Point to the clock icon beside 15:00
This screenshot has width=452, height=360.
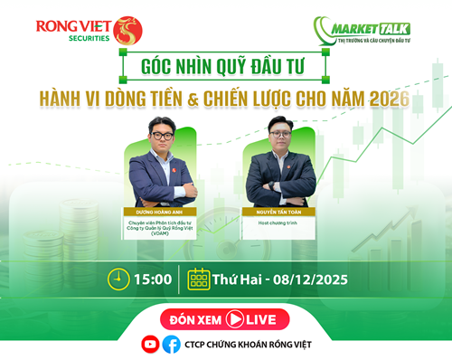(x=117, y=277)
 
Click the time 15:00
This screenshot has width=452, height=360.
(x=155, y=278)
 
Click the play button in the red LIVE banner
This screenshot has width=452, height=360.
(x=236, y=318)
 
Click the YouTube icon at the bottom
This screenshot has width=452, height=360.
(x=150, y=344)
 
